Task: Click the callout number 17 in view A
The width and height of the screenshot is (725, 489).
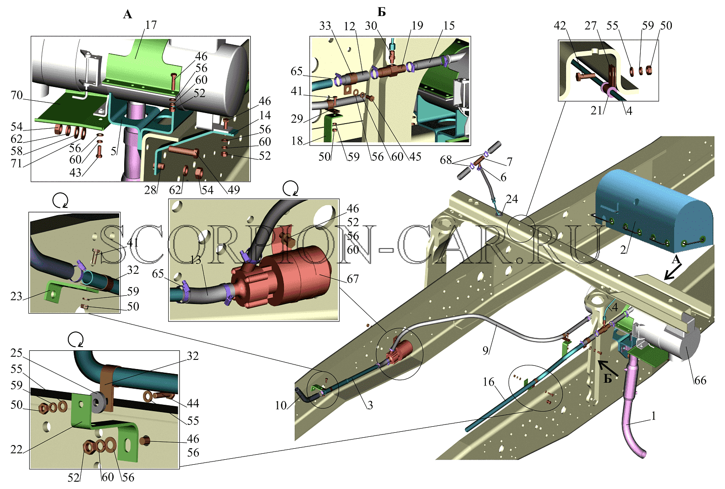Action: click(151, 25)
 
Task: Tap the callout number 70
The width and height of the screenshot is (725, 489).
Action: click(17, 95)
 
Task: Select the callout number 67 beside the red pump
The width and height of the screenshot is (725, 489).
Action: click(352, 279)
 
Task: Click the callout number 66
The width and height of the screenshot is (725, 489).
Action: click(700, 380)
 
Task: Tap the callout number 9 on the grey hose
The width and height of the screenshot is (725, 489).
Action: click(485, 350)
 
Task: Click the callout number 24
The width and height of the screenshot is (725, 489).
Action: click(512, 199)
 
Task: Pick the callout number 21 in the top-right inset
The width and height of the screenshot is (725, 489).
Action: click(597, 111)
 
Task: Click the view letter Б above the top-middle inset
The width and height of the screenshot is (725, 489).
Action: click(382, 12)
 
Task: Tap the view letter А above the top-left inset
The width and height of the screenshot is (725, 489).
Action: click(127, 14)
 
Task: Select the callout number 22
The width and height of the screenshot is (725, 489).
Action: click(16, 449)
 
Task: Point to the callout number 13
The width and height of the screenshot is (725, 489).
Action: click(196, 260)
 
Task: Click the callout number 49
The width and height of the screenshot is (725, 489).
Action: click(234, 190)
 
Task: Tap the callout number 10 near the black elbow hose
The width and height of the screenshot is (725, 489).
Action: click(281, 405)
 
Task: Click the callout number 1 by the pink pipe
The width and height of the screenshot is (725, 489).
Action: click(654, 416)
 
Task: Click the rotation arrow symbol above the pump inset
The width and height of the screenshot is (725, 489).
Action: click(291, 189)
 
